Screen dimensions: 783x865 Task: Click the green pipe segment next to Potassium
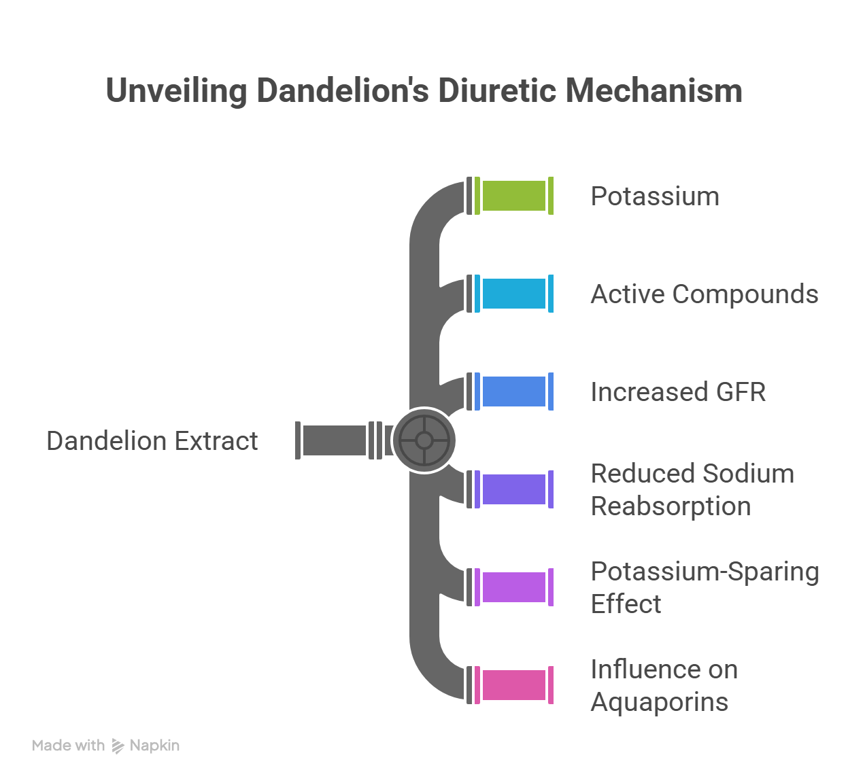point(514,196)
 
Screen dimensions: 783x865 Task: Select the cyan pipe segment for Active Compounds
point(514,294)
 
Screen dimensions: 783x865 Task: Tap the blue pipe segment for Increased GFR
point(514,391)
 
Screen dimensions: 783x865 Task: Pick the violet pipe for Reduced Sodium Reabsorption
point(514,489)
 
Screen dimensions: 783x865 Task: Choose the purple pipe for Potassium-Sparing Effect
point(514,587)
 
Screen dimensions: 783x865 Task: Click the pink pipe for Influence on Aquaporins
point(514,684)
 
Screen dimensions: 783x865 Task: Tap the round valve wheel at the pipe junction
point(424,440)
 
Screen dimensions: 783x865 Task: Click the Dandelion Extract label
point(152,441)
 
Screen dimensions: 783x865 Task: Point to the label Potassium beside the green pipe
point(655,196)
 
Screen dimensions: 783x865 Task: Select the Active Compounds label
point(705,294)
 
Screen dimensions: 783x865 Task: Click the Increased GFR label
point(678,392)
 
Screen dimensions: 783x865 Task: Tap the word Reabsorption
point(671,506)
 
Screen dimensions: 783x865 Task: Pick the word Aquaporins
point(660,701)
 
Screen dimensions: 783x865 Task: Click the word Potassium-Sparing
point(705,572)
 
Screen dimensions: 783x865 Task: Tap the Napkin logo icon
point(118,746)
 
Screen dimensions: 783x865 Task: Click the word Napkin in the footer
point(154,746)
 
